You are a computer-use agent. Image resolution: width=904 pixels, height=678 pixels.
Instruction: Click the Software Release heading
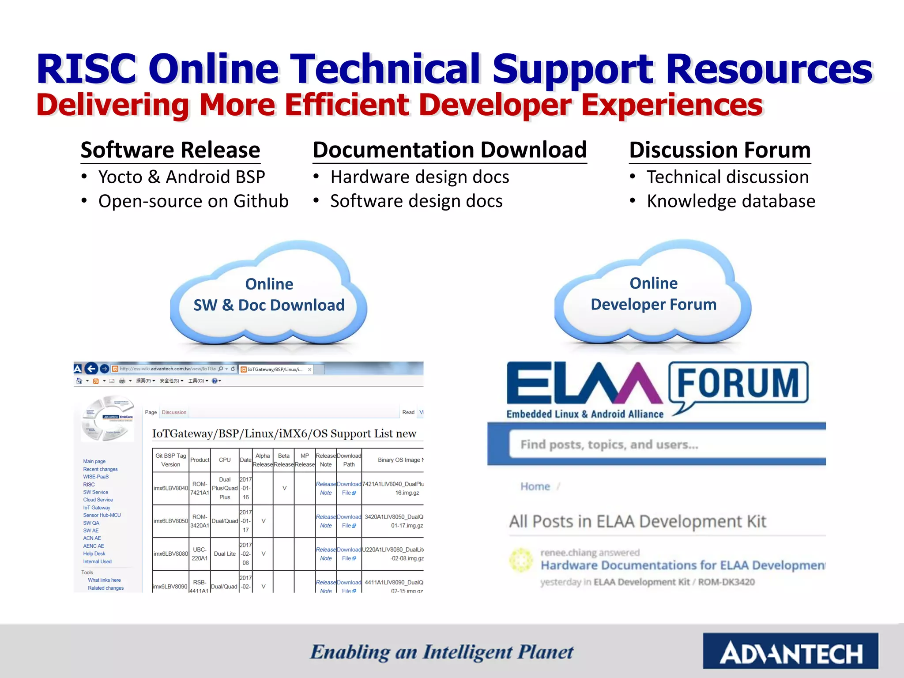pos(170,150)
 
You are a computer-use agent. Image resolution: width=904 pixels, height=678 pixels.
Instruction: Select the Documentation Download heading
pos(449,150)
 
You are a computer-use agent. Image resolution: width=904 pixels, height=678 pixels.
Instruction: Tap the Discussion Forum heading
pos(719,150)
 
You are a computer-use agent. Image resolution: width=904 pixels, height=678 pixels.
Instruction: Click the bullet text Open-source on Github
pos(193,201)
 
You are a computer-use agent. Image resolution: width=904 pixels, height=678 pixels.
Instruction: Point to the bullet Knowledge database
pos(731,201)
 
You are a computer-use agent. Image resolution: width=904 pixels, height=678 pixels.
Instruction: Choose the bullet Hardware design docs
pos(420,177)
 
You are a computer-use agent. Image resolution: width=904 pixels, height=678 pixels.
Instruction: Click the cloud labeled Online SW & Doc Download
pos(269,294)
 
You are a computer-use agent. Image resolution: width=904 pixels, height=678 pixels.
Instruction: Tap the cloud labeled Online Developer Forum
pos(653,294)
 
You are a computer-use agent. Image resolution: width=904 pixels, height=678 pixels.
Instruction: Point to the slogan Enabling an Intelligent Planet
pos(441,652)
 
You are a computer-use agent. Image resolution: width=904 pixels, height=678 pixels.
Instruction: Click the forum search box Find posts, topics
pos(662,444)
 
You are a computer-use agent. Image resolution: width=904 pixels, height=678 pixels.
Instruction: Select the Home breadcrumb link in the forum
pos(535,486)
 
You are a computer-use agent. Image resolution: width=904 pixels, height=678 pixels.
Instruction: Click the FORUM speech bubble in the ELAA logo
pos(738,383)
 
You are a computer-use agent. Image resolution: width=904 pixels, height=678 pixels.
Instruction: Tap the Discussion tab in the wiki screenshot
pos(174,412)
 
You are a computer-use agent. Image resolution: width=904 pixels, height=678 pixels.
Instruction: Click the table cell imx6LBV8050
pos(171,521)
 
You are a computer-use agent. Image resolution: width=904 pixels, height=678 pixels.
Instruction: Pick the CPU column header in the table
pos(225,460)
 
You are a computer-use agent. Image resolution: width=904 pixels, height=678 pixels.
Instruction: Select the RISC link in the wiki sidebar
pos(89,485)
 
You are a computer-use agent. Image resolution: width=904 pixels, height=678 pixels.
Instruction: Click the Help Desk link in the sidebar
pos(94,554)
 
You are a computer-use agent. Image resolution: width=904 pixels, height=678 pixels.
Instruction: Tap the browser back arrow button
pos(91,369)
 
